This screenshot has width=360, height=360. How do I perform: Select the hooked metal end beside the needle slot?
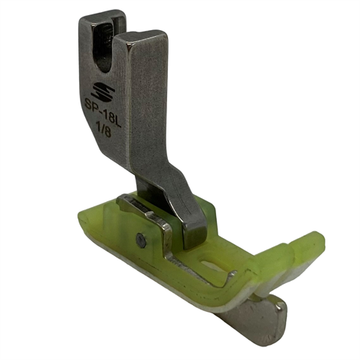[x=230, y=276]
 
